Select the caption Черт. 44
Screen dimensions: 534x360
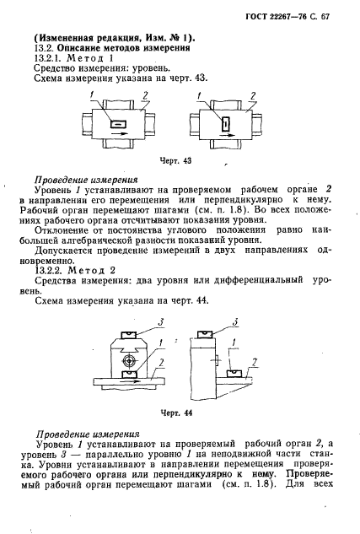point(177,413)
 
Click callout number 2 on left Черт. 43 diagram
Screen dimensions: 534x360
point(147,94)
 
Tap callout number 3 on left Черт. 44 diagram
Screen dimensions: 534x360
point(148,321)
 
